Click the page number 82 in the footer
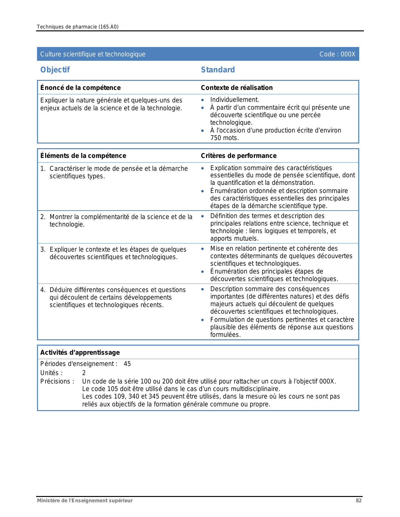click(359, 500)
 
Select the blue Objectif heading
click(55, 70)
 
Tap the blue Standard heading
click(218, 70)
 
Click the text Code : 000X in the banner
click(337, 54)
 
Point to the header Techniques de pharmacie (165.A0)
click(77, 27)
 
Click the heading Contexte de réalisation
click(237, 88)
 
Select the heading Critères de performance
click(238, 156)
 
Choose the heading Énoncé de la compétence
click(80, 88)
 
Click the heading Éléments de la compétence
click(83, 156)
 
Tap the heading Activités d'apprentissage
click(80, 352)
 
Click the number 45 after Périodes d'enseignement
click(127, 364)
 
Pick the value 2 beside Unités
click(84, 373)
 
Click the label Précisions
click(57, 381)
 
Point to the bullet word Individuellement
click(234, 100)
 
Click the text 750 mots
click(224, 138)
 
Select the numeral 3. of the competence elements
click(43, 249)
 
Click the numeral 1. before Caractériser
click(43, 169)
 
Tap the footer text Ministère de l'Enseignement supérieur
click(85, 500)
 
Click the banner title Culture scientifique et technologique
click(93, 54)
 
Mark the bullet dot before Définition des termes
click(203, 216)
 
